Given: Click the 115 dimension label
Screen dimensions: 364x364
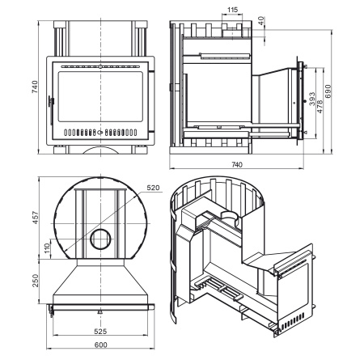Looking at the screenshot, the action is pos(232,10).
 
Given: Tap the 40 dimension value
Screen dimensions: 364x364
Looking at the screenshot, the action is pos(261,21).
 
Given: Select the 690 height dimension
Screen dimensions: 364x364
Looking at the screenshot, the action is pos(328,91).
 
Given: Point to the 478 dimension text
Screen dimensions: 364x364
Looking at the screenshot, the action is pos(320,107).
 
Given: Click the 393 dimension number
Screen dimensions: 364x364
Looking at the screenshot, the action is pos(312,99).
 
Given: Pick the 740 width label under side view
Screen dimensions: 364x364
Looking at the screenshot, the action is pos(237,164).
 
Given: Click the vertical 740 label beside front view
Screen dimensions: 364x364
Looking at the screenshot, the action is pos(35,87).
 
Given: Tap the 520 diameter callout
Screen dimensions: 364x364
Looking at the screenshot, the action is pos(153,188).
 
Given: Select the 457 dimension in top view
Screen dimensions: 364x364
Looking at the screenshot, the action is pos(36,218).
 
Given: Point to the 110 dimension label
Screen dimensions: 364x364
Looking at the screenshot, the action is pos(47,248).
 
